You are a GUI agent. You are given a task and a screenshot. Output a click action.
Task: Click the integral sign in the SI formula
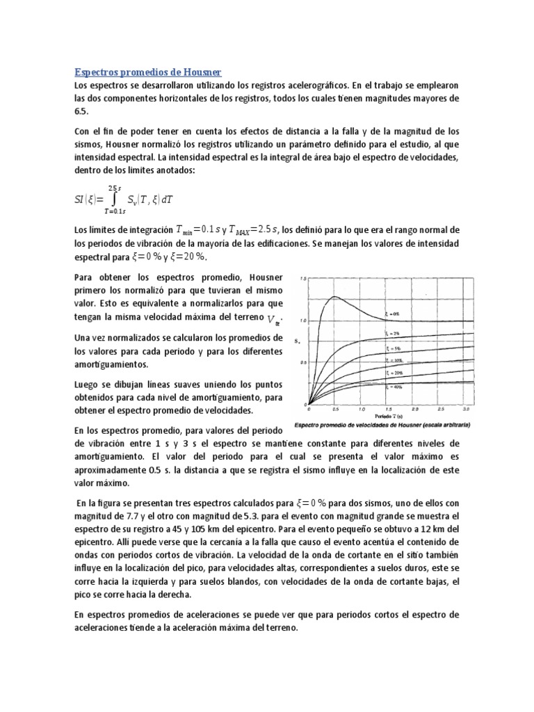click(x=113, y=200)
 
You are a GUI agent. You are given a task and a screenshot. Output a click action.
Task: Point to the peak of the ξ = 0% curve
click(x=334, y=297)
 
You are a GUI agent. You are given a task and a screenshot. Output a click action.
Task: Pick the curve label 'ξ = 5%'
click(x=394, y=348)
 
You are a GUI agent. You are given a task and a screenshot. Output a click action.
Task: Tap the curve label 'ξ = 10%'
click(x=394, y=360)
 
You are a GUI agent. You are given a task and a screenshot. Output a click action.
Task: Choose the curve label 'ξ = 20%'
click(x=394, y=373)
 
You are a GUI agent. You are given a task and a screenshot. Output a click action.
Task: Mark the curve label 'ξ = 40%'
click(x=394, y=385)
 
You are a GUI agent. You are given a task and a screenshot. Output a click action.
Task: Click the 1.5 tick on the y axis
click(x=302, y=279)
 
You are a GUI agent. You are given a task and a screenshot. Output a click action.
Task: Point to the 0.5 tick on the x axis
click(x=334, y=410)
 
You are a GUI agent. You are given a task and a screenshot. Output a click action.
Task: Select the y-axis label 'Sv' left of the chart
click(x=297, y=341)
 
